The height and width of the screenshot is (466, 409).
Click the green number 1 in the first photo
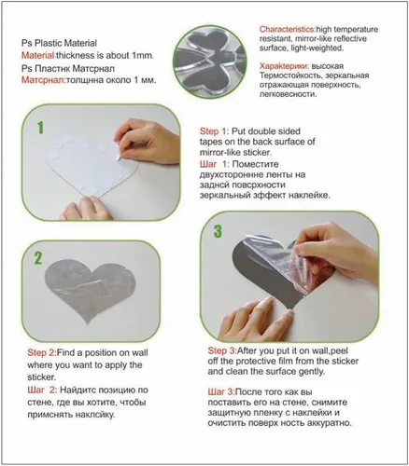[41, 128]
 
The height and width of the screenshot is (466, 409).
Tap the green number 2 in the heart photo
[38, 258]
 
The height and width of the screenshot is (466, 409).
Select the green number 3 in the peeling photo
[218, 231]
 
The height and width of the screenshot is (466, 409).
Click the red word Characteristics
[288, 30]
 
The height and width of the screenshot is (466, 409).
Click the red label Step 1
[214, 131]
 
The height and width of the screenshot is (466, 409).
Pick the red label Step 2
[42, 353]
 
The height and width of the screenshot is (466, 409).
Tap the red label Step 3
[222, 350]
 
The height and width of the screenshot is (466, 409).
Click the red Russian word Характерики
[284, 66]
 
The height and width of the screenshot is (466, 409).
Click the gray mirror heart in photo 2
[90, 289]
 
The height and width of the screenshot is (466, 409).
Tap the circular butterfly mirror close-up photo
[210, 61]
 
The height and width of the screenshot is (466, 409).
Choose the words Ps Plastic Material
[59, 43]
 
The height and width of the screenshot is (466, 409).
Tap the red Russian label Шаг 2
[42, 391]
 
